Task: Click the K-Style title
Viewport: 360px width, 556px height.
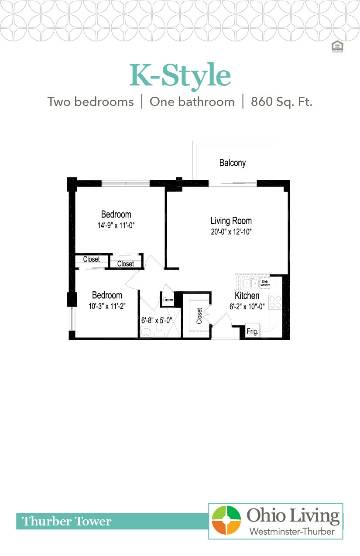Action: click(180, 76)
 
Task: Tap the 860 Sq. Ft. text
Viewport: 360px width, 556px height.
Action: click(281, 102)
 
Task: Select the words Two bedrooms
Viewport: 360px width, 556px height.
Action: click(90, 102)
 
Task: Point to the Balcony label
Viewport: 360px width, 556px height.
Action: click(232, 163)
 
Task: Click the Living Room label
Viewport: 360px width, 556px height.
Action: click(231, 221)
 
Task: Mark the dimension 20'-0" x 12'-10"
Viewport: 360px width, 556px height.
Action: click(231, 232)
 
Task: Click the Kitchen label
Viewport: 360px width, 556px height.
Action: click(247, 296)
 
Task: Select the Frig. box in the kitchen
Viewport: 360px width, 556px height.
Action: click(252, 331)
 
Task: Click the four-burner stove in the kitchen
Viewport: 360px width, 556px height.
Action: click(275, 302)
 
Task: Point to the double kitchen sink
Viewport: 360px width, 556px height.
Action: click(251, 283)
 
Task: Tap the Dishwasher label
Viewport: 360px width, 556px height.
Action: click(265, 283)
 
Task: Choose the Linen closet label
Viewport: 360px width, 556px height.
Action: click(168, 300)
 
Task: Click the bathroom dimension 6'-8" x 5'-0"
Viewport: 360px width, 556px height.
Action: click(157, 320)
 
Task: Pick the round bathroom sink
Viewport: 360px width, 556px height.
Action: click(145, 334)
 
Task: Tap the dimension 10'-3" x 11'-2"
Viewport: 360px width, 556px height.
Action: click(107, 307)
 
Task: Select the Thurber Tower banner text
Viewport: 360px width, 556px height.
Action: click(67, 521)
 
